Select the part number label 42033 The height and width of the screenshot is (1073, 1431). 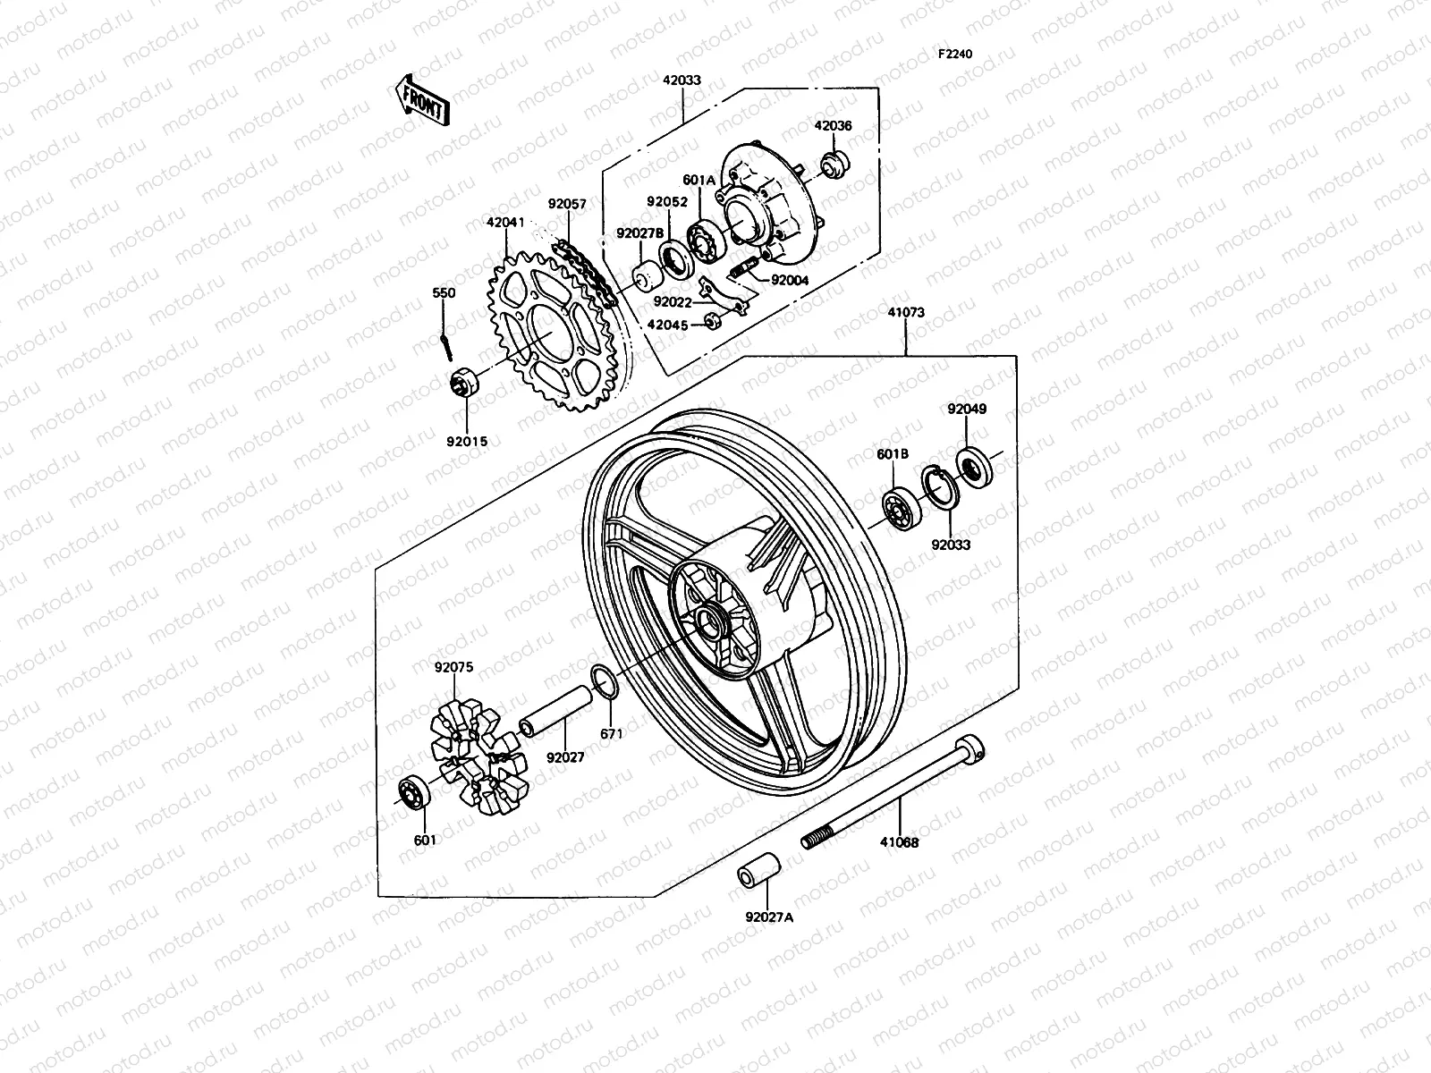(682, 80)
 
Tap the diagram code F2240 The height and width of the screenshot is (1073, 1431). (954, 54)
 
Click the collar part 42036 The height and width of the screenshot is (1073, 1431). (860, 165)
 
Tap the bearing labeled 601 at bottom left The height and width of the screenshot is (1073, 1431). (413, 792)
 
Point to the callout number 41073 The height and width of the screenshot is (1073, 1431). (906, 313)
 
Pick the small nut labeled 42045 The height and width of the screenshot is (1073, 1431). (713, 320)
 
